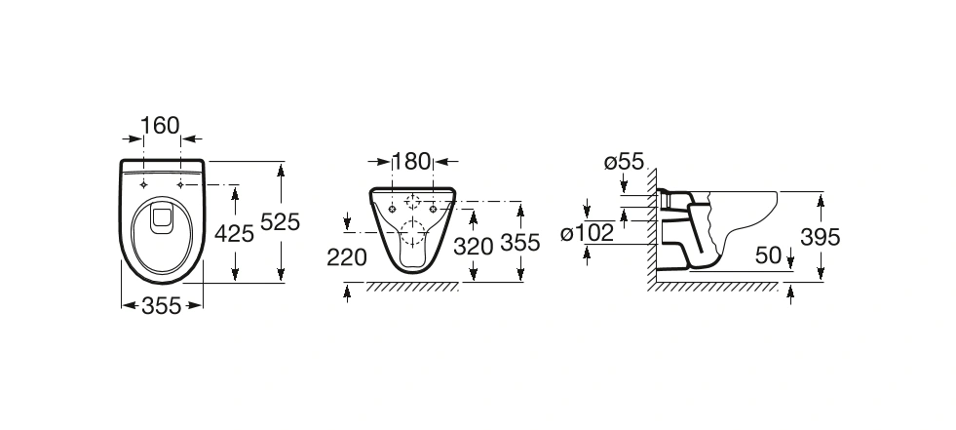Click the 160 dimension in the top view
point(161,126)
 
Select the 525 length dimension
point(281,222)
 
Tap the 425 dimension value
point(234,233)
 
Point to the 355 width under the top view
point(162,305)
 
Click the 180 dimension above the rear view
point(411,162)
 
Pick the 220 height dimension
point(347,257)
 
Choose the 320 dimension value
point(473,247)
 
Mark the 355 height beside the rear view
point(520,243)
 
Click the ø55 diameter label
point(624,162)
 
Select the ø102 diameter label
point(587,233)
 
